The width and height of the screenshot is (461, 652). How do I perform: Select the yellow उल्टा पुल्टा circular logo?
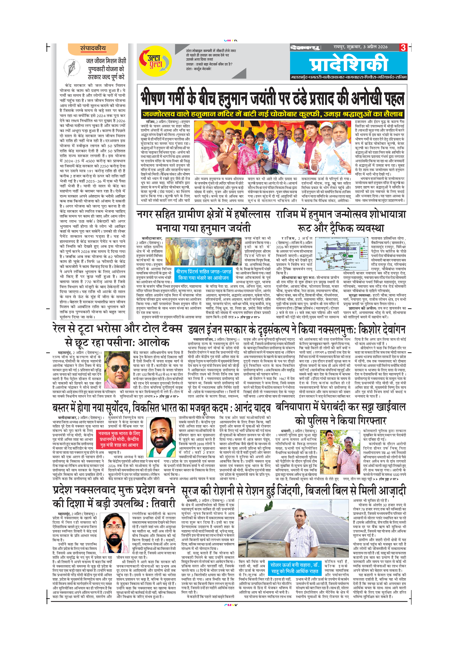click(x=155, y=61)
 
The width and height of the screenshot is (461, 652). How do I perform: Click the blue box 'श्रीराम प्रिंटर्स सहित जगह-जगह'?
click(x=203, y=274)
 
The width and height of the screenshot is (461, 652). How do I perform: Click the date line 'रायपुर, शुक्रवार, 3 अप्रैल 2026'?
click(x=360, y=47)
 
